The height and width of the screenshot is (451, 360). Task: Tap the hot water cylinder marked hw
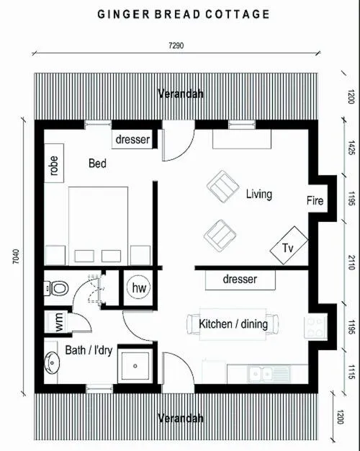click(x=139, y=287)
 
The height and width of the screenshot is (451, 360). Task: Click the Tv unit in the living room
click(x=289, y=246)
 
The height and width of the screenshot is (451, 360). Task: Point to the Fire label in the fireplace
click(x=315, y=200)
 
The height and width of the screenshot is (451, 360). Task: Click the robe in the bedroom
click(x=54, y=163)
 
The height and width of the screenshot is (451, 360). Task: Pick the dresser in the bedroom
click(x=132, y=139)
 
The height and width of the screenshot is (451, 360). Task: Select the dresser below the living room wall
click(x=240, y=280)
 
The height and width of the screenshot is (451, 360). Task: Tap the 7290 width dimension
click(x=176, y=45)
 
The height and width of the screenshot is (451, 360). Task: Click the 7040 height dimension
click(x=16, y=256)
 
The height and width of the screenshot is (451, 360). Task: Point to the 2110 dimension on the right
click(x=351, y=262)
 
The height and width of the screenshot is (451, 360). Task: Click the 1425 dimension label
click(x=351, y=148)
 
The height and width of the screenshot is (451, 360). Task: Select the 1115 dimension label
click(x=351, y=372)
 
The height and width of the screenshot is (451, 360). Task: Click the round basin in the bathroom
click(x=52, y=363)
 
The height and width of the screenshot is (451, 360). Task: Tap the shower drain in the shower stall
click(x=135, y=366)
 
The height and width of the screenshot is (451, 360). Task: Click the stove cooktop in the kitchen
click(x=315, y=327)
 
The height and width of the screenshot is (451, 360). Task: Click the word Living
click(x=258, y=194)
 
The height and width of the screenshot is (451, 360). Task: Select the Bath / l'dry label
click(x=89, y=350)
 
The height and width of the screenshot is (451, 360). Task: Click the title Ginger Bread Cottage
click(x=184, y=14)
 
